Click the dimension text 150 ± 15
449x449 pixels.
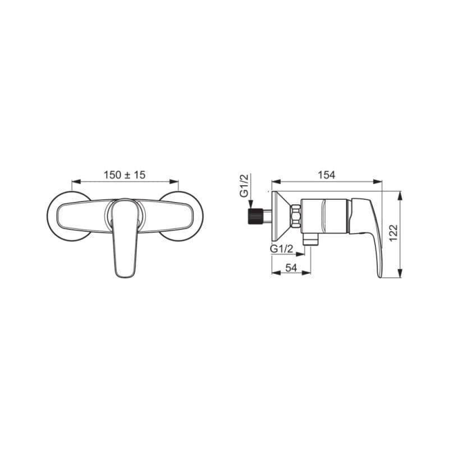125,175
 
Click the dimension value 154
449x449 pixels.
327,175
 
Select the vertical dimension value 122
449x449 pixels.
394,233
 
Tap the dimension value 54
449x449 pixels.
291,268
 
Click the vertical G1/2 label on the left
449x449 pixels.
244,186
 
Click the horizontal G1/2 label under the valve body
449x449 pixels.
282,249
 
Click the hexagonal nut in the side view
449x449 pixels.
296,216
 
